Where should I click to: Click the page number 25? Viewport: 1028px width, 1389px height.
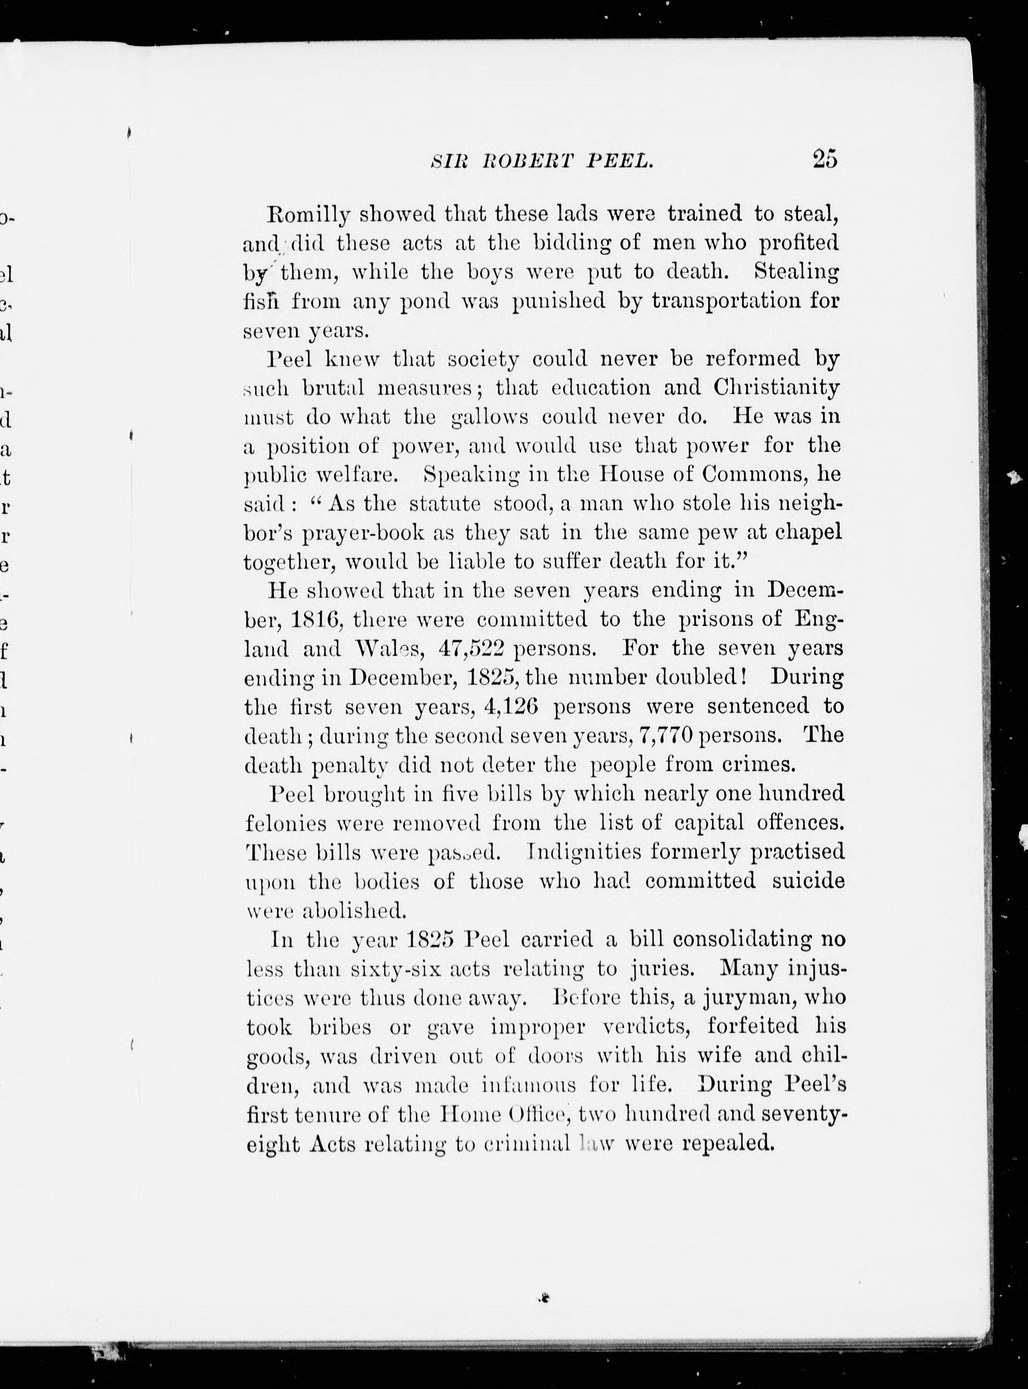pyautogui.click(x=825, y=160)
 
